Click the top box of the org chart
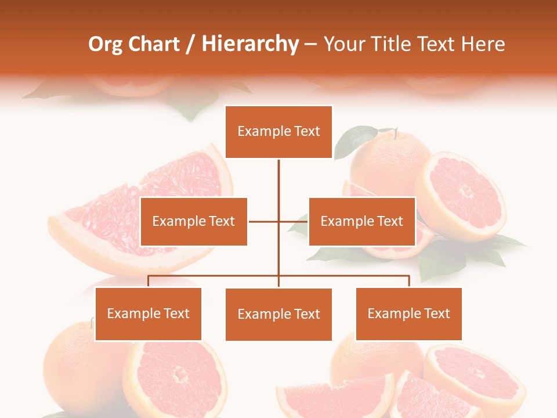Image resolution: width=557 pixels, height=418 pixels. coord(278,132)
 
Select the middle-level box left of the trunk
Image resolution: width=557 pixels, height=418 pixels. coord(194,221)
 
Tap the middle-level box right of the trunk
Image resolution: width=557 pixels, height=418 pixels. coord(361,221)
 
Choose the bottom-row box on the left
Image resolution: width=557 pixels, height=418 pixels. coord(148,313)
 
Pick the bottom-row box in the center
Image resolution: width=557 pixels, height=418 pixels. coord(278,314)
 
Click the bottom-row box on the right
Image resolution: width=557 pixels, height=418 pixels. coord(408,313)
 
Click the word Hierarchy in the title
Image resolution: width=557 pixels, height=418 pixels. coord(250,44)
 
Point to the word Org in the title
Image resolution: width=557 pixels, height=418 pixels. coord(106,44)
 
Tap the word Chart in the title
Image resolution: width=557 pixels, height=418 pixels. coord(154,44)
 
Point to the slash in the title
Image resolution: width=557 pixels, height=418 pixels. coord(190,45)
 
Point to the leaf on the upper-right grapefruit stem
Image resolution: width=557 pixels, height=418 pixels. coord(355,140)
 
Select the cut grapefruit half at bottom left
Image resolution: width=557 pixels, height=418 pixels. coord(177,378)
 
